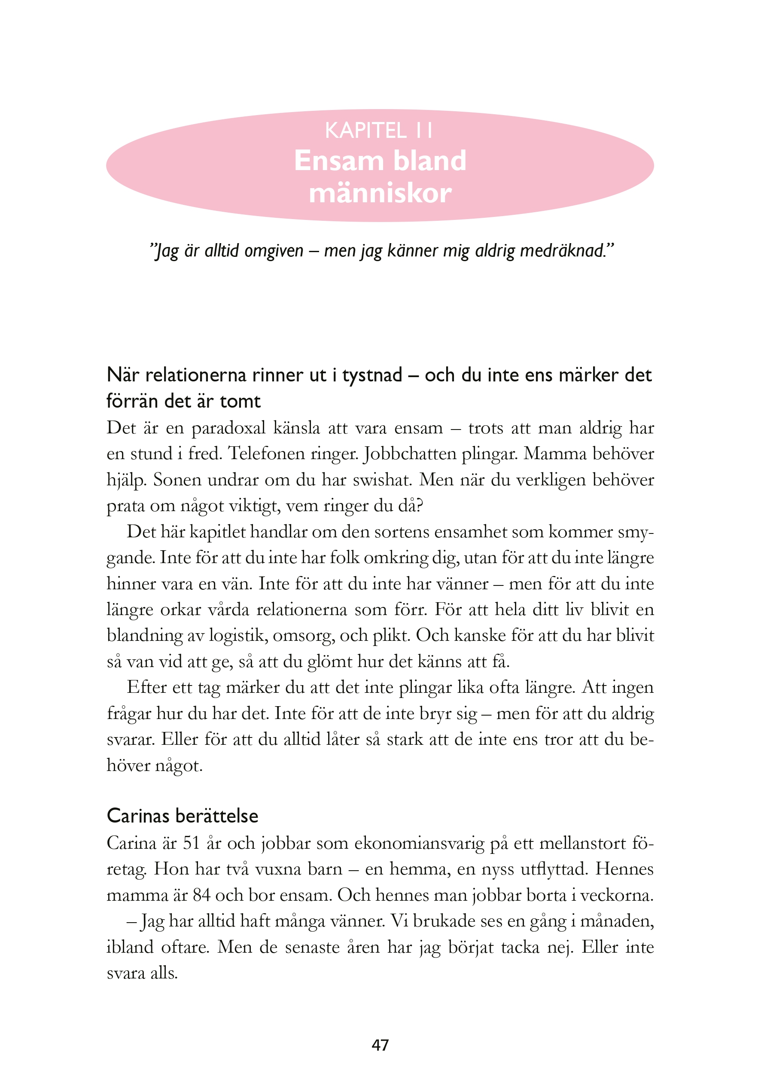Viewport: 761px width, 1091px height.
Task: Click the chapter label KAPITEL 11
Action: [x=379, y=131]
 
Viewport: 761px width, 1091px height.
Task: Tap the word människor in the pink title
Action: [x=380, y=193]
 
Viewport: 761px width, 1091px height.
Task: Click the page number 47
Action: [x=380, y=1045]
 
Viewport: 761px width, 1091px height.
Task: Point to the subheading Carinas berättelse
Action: [x=183, y=816]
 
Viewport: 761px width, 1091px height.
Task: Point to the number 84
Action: [x=201, y=895]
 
